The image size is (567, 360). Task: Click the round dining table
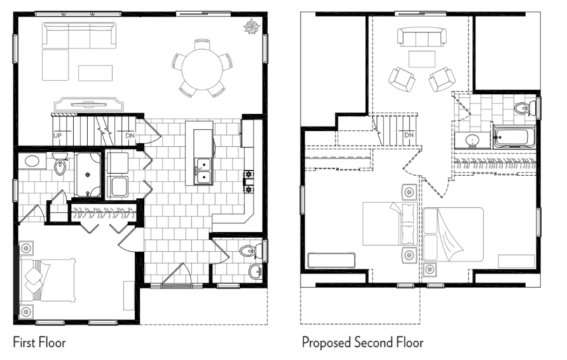pos(202,69)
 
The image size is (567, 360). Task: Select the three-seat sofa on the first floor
pos(79,35)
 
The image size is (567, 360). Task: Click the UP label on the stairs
pos(57,135)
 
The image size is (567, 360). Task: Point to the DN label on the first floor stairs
pos(130,135)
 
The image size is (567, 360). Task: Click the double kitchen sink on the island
pos(203,172)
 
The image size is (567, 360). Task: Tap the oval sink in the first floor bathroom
pos(32,161)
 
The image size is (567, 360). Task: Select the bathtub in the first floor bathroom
pos(88,175)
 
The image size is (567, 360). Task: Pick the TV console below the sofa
pos(88,104)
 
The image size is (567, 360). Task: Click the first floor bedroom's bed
pos(48,280)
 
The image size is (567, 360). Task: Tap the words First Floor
pos(39,342)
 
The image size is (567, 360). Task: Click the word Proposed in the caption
pos(327,343)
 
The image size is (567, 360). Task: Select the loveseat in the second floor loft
pos(421,38)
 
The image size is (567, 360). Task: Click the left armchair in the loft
pos(401,79)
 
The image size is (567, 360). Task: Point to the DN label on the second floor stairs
pos(409,135)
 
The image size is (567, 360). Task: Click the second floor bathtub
pos(514,137)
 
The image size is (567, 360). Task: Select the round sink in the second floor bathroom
pos(472,140)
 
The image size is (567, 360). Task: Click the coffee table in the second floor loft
pos(421,59)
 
